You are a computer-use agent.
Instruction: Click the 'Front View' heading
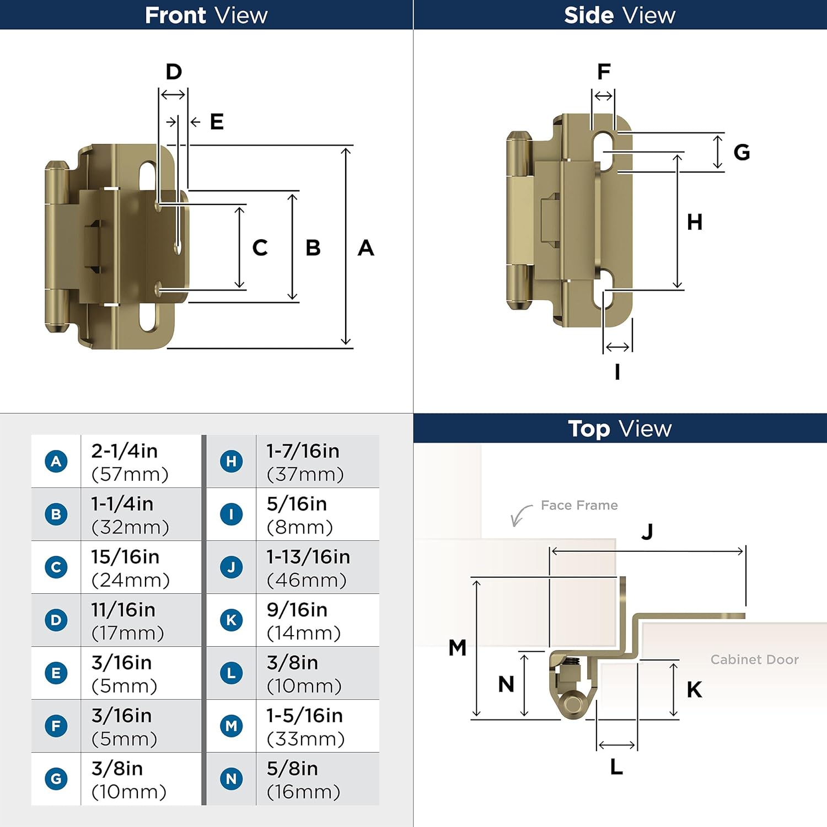(x=206, y=15)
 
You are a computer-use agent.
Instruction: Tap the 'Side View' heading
(x=619, y=15)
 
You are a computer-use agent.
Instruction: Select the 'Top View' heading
(x=619, y=428)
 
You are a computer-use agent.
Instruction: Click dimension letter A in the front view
(x=366, y=248)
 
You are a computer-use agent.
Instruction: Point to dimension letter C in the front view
(x=260, y=248)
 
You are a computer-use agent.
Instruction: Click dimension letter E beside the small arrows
(x=217, y=122)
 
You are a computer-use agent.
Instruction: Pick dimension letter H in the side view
(x=694, y=222)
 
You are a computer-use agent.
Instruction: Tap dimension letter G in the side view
(x=742, y=152)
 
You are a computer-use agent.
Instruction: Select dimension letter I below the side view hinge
(x=617, y=372)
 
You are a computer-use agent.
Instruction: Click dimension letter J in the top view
(x=647, y=531)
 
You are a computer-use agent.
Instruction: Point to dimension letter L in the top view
(x=616, y=767)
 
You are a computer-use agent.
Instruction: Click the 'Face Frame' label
(x=579, y=506)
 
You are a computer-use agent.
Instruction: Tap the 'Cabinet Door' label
(x=754, y=659)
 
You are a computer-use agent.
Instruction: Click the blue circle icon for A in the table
(x=56, y=461)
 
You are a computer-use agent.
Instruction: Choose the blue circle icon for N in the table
(x=232, y=778)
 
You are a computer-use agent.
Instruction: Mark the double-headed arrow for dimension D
(x=173, y=95)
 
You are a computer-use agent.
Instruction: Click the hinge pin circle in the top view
(x=573, y=704)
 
